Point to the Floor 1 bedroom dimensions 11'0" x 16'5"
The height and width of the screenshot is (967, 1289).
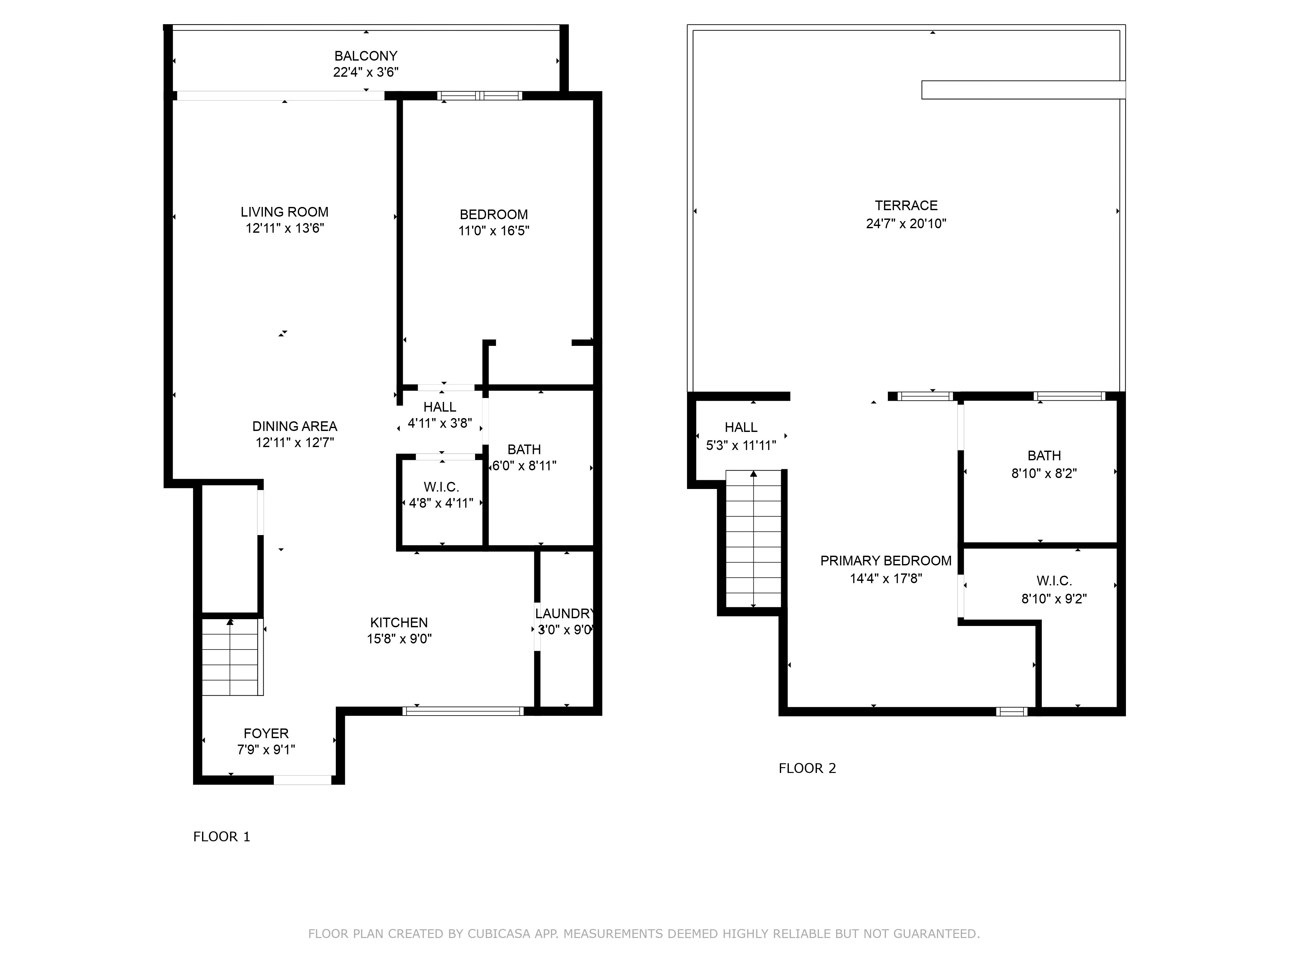494,231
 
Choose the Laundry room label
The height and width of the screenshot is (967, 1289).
564,614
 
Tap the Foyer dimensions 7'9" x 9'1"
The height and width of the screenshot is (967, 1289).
266,749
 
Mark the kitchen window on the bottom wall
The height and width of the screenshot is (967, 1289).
463,711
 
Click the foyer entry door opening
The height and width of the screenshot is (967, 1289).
303,780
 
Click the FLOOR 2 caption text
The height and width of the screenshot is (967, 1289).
807,768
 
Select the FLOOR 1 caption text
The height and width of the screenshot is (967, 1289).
221,836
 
